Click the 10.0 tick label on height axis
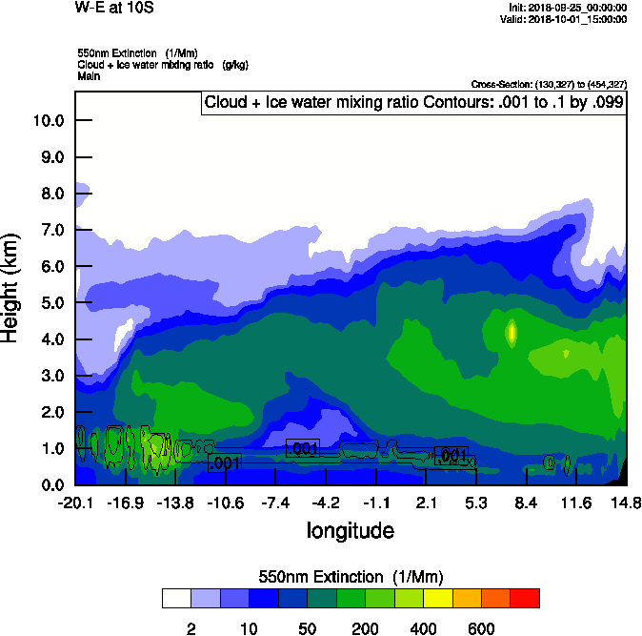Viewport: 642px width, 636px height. click(x=48, y=120)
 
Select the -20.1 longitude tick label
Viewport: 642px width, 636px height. click(x=75, y=503)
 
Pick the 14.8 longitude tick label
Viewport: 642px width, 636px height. click(x=626, y=503)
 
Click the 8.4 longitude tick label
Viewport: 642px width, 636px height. click(x=526, y=503)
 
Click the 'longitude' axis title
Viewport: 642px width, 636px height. click(x=350, y=530)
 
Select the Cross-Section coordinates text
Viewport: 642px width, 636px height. click(x=549, y=84)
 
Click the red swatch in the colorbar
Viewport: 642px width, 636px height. click(x=524, y=598)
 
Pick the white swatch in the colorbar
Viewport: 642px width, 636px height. click(x=177, y=598)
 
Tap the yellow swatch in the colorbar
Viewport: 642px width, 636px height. click(x=437, y=598)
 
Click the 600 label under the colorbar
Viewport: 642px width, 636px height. click(x=481, y=628)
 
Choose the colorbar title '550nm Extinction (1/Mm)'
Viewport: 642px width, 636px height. click(x=351, y=576)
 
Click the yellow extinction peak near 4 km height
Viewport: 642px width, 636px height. click(x=512, y=333)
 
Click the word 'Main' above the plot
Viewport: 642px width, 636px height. click(x=89, y=75)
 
